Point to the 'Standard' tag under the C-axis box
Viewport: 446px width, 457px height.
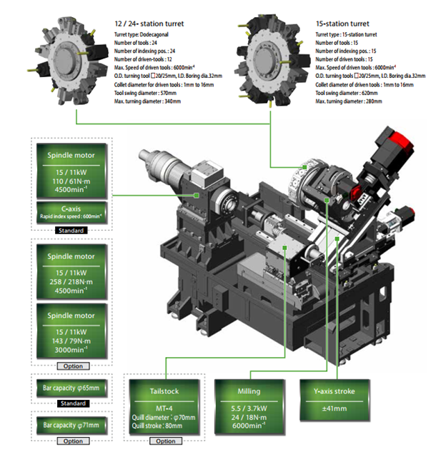(x=71, y=231)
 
